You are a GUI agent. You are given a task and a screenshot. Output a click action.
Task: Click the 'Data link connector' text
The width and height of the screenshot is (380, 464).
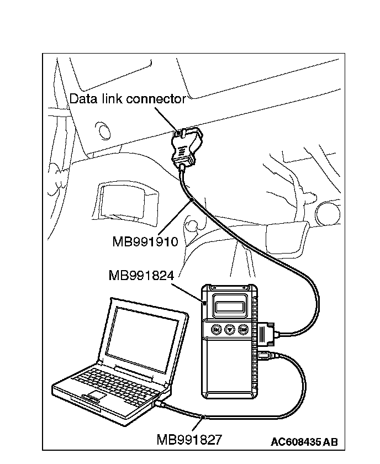127,99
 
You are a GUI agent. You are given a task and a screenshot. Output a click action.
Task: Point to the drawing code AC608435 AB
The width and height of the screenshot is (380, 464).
304,441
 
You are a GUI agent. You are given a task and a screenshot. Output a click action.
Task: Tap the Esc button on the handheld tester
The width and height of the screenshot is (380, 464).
217,330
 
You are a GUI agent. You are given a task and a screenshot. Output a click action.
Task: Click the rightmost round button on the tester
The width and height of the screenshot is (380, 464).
243,330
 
